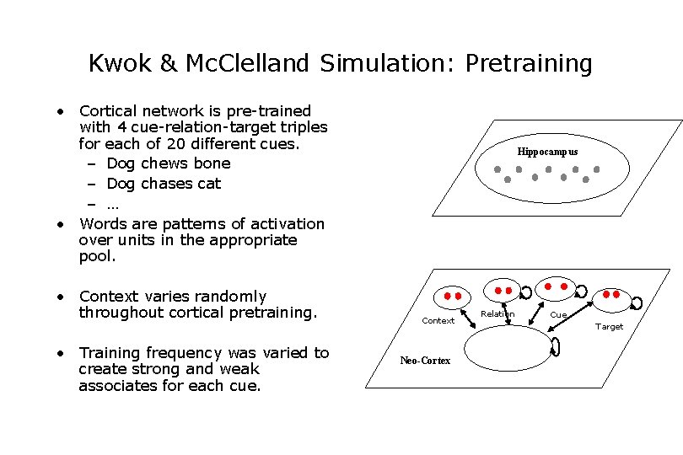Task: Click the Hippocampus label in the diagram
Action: [x=547, y=152]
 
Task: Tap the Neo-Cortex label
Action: [x=425, y=361]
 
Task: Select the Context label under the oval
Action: [x=438, y=320]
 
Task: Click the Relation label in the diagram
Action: [x=497, y=314]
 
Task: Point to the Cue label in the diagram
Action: [x=558, y=315]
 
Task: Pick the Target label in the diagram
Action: [x=609, y=326]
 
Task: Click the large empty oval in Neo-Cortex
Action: [x=506, y=348]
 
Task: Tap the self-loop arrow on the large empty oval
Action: [x=556, y=346]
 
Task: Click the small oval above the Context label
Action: [x=453, y=297]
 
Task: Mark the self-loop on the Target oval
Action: [x=637, y=302]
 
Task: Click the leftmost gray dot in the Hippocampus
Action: [x=497, y=169]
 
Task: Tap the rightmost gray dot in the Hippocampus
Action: [x=597, y=169]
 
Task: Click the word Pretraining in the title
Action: [x=529, y=63]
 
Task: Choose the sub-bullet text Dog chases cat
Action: [x=164, y=183]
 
